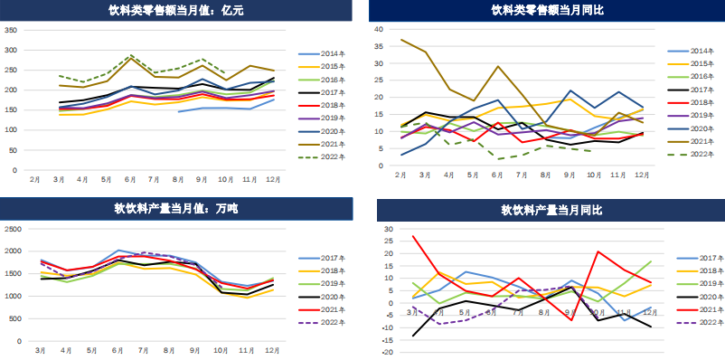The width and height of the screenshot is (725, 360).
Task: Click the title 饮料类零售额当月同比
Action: coord(548,11)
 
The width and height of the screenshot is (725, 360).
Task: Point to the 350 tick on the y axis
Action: coord(12,30)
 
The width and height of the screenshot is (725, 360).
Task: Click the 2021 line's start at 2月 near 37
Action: coord(401,40)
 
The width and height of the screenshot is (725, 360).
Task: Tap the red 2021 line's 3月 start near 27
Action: coord(414,236)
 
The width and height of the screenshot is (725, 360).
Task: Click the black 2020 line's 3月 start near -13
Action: coord(414,336)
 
